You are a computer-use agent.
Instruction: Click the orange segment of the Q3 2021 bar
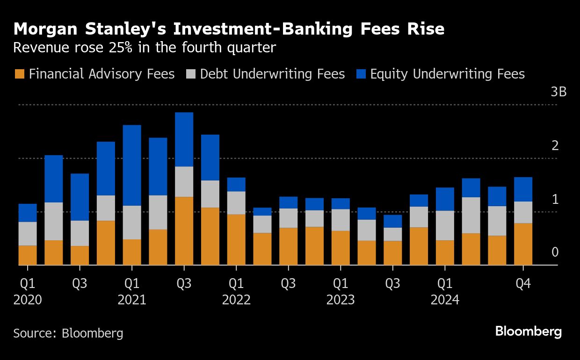click(x=184, y=231)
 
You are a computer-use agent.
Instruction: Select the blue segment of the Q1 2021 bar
click(x=132, y=165)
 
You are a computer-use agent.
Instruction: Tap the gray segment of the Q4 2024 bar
click(x=522, y=212)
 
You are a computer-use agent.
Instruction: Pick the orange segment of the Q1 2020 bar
click(x=28, y=255)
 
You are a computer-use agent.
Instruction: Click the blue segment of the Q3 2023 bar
click(x=392, y=221)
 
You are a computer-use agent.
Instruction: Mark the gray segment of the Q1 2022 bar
click(x=236, y=203)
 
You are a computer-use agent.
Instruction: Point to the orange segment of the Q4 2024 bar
click(x=522, y=244)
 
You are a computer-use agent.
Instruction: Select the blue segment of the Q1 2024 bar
click(x=444, y=199)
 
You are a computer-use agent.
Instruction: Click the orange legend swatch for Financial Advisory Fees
click(x=19, y=74)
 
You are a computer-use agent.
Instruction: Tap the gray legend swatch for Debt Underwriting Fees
click(x=190, y=74)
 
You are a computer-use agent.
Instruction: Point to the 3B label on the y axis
click(x=558, y=92)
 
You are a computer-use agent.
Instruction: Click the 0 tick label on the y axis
click(x=555, y=252)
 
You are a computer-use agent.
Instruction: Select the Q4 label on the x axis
click(x=522, y=283)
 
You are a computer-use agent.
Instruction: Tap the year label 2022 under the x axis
click(x=236, y=300)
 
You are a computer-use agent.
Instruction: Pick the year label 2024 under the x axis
click(x=444, y=300)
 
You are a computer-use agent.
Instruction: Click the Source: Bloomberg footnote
click(x=68, y=333)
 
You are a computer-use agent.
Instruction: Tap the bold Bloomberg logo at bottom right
click(x=528, y=332)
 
